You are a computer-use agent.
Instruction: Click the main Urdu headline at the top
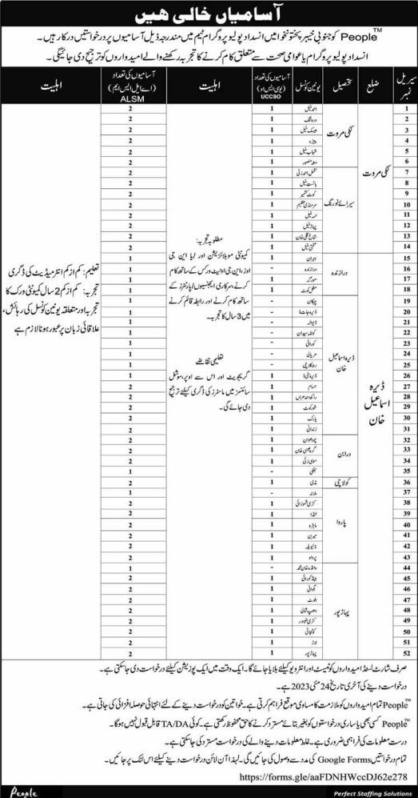[210, 14]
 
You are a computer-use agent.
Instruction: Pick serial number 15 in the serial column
[406, 259]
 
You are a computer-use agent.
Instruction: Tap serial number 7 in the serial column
[406, 170]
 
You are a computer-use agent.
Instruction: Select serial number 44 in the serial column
[406, 566]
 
